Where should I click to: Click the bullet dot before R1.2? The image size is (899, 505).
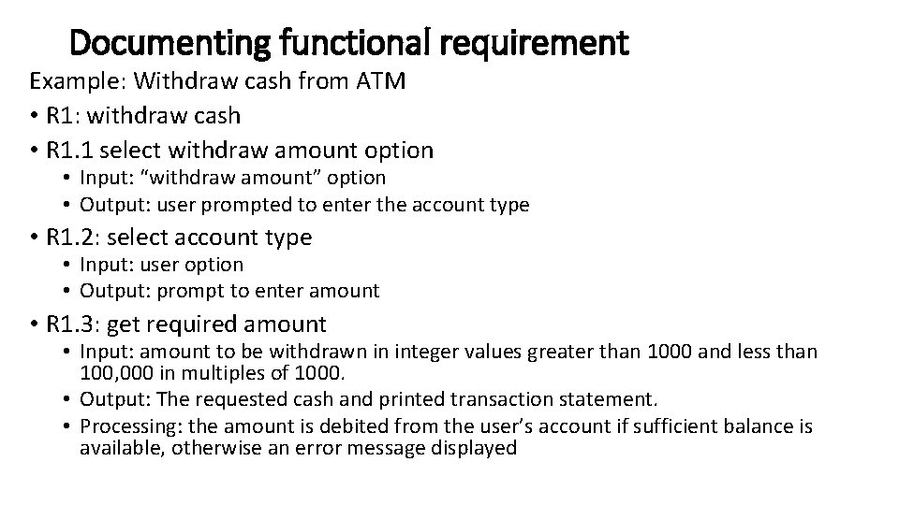(34, 238)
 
